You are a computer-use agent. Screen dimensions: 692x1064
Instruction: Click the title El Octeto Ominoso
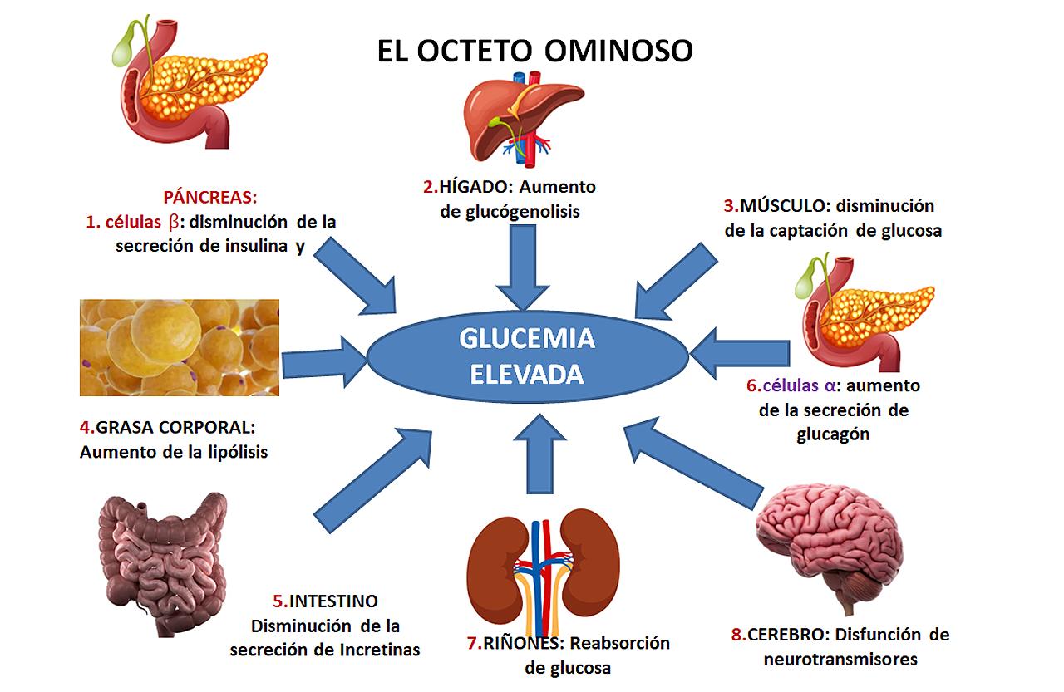pos(534,51)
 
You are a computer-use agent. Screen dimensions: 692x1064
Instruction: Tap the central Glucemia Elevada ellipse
pos(527,356)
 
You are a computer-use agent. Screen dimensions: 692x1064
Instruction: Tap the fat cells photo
pos(179,347)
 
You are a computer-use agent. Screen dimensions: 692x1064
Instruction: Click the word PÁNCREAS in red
pos(210,199)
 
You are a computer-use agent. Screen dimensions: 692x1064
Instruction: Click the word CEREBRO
pos(786,636)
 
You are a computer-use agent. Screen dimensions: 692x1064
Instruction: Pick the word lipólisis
pos(233,453)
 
